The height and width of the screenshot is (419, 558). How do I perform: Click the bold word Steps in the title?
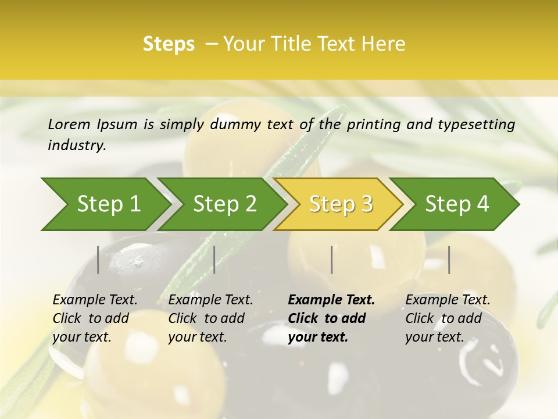coord(169,44)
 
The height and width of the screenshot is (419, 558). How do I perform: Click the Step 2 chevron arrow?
coord(224,204)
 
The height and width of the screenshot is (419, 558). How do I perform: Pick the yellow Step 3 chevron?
coord(341,204)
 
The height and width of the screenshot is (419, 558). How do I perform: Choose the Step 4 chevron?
coord(457,204)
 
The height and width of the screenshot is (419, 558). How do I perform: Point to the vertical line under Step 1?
coord(98,260)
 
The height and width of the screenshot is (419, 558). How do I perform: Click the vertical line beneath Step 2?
coord(214,260)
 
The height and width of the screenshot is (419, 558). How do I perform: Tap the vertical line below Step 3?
coord(332,260)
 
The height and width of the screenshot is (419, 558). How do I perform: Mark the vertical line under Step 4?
coord(449,260)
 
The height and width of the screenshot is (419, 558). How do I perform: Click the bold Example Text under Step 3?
coord(331,300)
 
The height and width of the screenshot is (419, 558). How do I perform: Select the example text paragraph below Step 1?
coord(95,318)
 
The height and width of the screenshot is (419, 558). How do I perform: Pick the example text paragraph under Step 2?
coord(210,318)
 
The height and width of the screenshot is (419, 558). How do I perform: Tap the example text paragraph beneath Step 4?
coord(448,318)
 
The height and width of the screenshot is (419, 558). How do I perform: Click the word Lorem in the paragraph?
coord(69,124)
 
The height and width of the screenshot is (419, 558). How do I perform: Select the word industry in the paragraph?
coord(77,145)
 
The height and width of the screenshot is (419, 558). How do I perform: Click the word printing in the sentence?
coord(375,124)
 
